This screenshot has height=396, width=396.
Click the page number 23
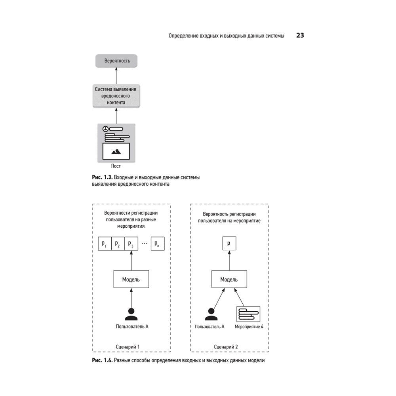300,36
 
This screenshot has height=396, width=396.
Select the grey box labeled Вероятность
116,61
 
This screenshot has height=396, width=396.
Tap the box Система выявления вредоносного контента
116,96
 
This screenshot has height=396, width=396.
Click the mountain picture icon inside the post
116,151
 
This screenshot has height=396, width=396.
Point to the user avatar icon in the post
105,129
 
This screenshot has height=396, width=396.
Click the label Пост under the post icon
116,166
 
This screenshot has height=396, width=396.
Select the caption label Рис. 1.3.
101,177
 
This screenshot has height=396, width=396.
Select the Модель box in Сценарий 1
131,280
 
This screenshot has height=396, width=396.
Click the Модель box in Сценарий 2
229,280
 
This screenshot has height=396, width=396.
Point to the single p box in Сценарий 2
229,244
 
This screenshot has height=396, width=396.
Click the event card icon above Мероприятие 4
248,314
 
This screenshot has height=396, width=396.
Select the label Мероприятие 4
249,327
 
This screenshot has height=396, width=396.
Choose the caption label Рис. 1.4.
102,360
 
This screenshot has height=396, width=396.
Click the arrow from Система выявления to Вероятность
116,76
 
